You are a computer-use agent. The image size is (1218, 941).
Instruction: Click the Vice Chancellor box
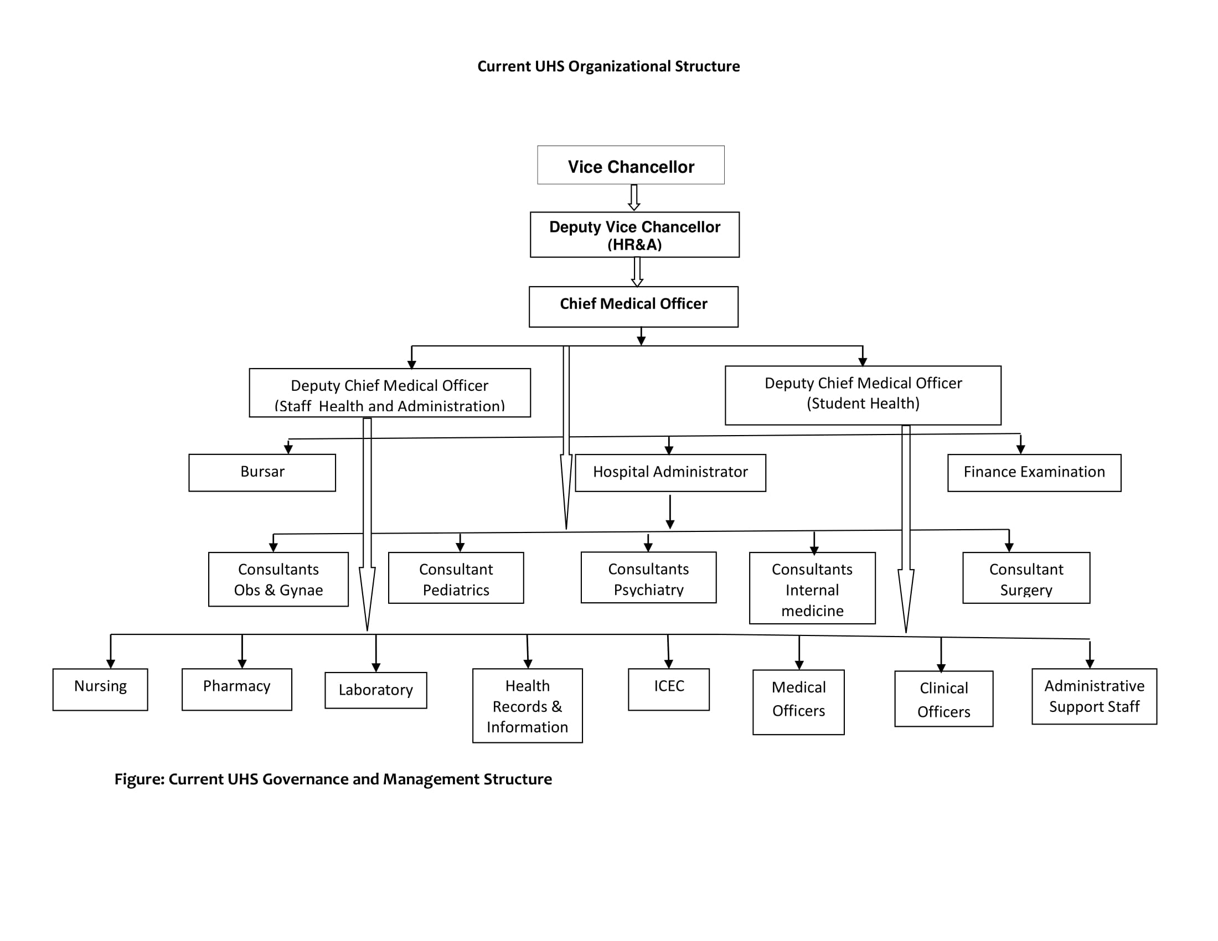pos(631,166)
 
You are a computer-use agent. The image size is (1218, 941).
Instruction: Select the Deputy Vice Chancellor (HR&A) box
pos(634,235)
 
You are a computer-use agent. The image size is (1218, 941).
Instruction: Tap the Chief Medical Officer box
pos(633,307)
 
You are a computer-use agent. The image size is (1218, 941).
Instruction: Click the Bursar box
pos(262,472)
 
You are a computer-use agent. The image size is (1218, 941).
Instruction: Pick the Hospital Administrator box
pos(670,472)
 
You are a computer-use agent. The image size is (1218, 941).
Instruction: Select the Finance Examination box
pos(1034,472)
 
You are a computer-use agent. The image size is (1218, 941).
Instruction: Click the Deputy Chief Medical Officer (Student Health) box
pos(863,395)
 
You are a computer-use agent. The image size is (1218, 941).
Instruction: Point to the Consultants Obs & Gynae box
pos(278,579)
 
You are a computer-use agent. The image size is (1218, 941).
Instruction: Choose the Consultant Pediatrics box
pos(456,578)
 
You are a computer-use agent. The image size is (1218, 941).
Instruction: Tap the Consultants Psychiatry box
pos(649,577)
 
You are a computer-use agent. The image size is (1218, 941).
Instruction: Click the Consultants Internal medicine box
pos(812,588)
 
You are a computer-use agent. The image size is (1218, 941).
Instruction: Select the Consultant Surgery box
pos(1026,578)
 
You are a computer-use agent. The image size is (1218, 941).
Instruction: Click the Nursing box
pos(100,689)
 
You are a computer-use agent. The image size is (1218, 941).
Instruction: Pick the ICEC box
pos(669,689)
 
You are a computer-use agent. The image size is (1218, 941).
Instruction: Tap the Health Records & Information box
pos(528,705)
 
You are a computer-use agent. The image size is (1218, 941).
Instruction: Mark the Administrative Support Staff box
pos(1094,696)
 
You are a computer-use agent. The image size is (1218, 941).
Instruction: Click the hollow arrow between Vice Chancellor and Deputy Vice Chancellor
pos(634,198)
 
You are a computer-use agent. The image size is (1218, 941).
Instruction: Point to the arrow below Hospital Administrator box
pos(670,511)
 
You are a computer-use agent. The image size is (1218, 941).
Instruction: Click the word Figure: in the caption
pos(140,779)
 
